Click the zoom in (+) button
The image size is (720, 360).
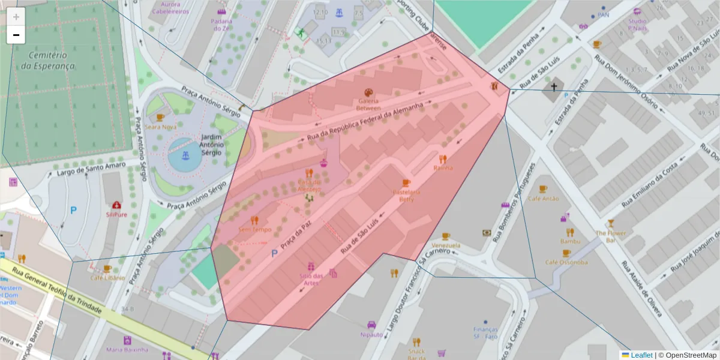coord(16,17)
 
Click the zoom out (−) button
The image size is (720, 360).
coord(16,35)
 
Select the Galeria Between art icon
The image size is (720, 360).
coord(368,92)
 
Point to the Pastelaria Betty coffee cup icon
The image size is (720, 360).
coord(406,183)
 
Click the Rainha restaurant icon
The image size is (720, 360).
coord(443,159)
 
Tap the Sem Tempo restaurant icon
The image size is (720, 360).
coord(254,220)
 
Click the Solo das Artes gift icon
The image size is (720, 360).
coord(311,266)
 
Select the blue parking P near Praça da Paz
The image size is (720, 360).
coord(275,254)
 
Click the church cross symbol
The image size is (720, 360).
coord(554,88)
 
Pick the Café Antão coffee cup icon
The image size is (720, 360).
coord(543,190)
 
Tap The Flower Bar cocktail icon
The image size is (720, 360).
coord(611,224)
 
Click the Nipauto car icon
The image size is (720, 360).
coord(371,325)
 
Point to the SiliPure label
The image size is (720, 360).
coord(116,214)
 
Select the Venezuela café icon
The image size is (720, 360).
coord(445,236)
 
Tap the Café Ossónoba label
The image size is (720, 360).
coord(566,262)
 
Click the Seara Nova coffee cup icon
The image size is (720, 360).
coord(160,118)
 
